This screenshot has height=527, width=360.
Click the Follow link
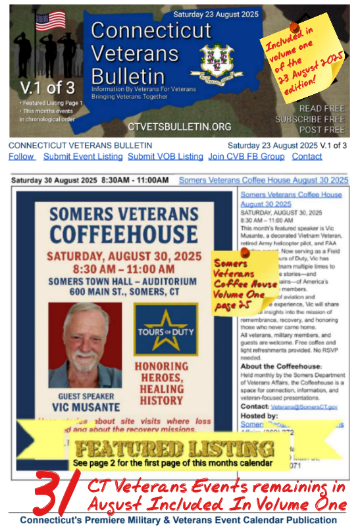(22, 157)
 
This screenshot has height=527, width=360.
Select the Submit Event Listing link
(83, 157)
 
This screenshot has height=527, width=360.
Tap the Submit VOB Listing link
(165, 157)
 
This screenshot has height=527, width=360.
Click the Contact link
(307, 157)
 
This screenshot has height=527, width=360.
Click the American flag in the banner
(51, 22)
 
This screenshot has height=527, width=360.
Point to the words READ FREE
(321, 108)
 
